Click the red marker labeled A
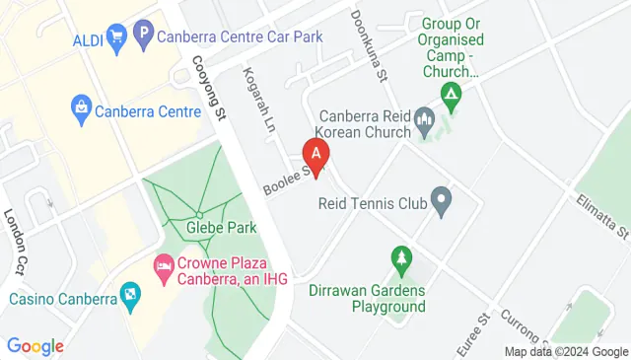[315, 154]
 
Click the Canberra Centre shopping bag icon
[81, 106]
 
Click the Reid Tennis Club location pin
[442, 204]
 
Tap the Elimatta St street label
[602, 217]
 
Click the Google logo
[35, 345]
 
